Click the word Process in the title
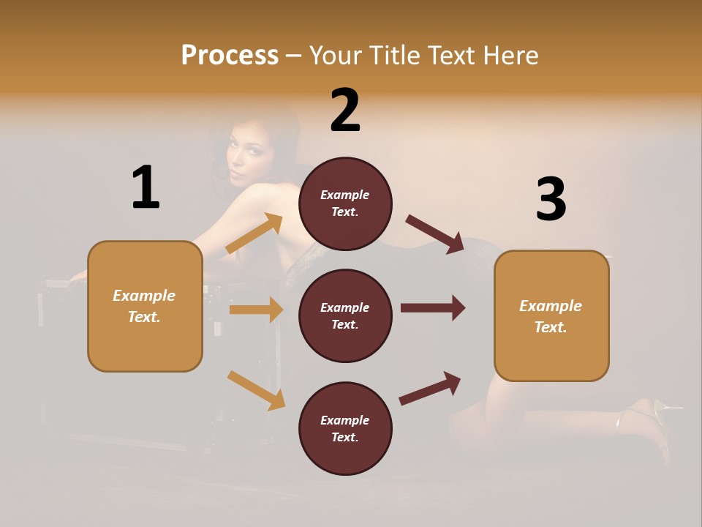[x=230, y=56]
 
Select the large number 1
[x=146, y=188]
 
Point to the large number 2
[x=345, y=111]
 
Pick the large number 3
[x=551, y=199]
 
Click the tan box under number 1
[x=145, y=306]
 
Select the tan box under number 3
[x=551, y=316]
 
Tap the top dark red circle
[x=345, y=203]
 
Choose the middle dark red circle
[x=345, y=316]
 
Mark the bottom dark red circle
[x=345, y=428]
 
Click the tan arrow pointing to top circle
[x=254, y=233]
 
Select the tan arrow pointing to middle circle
[x=255, y=310]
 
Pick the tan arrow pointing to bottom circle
[x=256, y=390]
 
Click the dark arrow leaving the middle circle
[x=433, y=308]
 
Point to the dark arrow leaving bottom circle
[x=430, y=388]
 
